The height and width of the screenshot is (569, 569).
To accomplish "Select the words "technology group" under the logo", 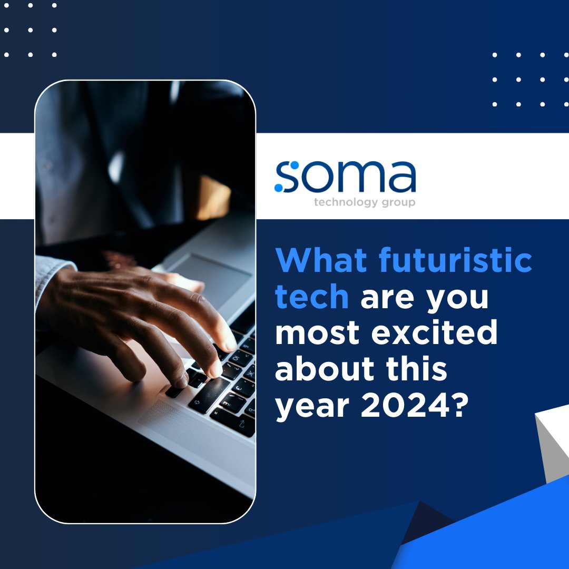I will coord(364,202).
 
